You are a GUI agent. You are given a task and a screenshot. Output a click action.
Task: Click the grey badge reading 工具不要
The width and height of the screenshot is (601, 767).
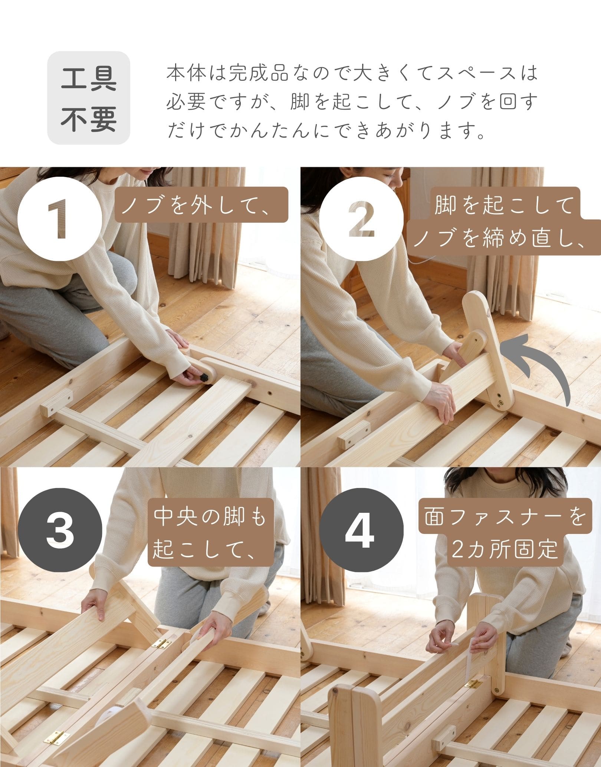[88, 98]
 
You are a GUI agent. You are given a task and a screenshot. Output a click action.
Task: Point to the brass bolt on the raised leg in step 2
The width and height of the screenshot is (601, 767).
[500, 401]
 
